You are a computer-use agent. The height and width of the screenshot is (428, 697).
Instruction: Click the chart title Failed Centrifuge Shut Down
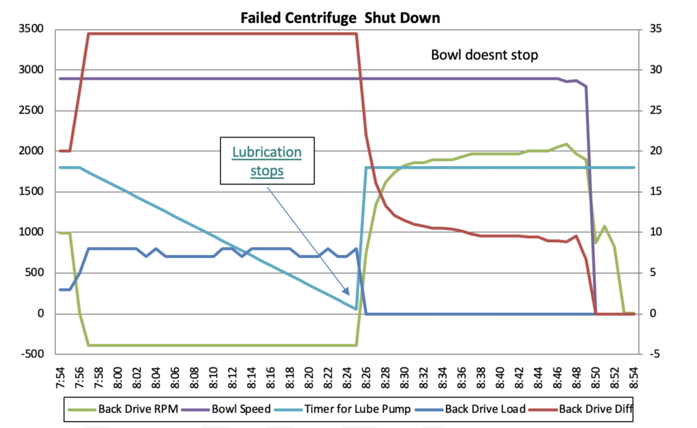[x=340, y=18]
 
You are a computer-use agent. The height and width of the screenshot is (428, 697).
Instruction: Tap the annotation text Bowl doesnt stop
[x=484, y=55]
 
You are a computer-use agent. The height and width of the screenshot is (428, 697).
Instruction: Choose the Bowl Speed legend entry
[x=236, y=409]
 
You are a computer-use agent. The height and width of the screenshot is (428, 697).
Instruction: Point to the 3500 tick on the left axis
[x=31, y=29]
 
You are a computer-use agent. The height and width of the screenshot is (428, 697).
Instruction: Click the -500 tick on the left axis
[x=31, y=355]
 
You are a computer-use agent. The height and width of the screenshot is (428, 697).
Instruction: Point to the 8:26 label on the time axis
[x=367, y=374]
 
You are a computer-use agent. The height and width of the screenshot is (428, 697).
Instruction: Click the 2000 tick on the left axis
[x=31, y=151]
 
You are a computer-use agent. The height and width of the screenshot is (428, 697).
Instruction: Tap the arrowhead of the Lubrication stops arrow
[x=349, y=293]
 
